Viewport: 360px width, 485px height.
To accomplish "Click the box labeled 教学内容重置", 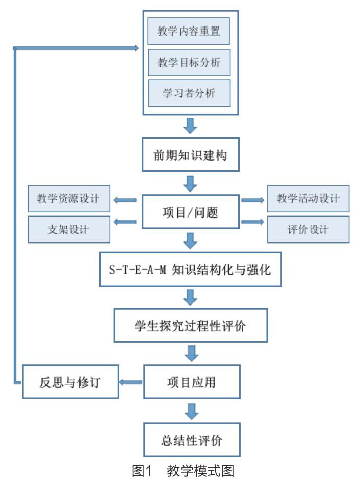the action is (x=189, y=31).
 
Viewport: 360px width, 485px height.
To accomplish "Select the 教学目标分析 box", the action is (x=189, y=63).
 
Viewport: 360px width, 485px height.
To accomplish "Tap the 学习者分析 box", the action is (x=189, y=93).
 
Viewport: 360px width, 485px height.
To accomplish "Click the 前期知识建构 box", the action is (x=190, y=155).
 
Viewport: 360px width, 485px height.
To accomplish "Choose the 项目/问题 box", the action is (x=190, y=212).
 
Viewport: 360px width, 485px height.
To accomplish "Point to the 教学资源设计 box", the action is (x=69, y=199).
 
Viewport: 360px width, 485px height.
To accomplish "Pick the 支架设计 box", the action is (x=69, y=229).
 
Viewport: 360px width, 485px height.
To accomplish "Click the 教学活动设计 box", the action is (x=308, y=199).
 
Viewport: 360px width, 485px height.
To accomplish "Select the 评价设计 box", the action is (x=308, y=229).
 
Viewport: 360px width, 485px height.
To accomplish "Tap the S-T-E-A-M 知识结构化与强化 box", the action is (x=190, y=270).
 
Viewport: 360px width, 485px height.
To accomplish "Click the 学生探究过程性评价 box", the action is (x=190, y=326).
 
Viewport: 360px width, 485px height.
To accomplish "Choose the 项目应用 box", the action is (x=192, y=382).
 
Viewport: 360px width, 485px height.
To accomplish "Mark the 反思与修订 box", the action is (x=70, y=382).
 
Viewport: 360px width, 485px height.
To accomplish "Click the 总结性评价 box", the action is (x=192, y=440).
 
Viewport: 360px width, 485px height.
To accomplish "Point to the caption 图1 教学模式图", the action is (x=183, y=471).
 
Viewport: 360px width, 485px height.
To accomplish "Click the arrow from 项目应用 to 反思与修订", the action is (x=131, y=382).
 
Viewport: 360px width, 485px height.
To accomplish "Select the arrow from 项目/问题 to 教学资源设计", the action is (x=125, y=200).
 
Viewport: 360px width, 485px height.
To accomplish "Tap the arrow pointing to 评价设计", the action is (x=252, y=222).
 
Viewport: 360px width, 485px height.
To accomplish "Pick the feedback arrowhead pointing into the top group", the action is (x=136, y=48).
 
